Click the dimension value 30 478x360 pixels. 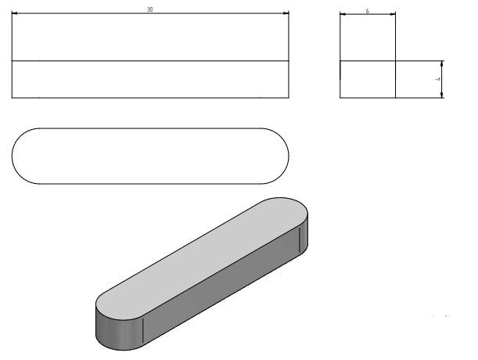click(149, 9)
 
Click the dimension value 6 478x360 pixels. click(368, 11)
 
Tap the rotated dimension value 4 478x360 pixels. click(438, 79)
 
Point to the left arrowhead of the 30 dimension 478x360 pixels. click(14, 13)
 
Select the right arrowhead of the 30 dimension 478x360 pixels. click(286, 13)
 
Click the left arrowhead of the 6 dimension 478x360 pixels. click(343, 14)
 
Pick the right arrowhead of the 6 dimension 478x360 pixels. click(393, 14)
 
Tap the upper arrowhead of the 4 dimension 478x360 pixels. click(442, 63)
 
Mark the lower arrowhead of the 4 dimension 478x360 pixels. click(442, 95)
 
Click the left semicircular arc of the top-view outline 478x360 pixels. click(13, 156)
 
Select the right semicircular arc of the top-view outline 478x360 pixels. click(289, 156)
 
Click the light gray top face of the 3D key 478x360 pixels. click(202, 259)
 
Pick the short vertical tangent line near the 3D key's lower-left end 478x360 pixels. click(142, 330)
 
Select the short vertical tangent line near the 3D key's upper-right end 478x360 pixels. click(300, 239)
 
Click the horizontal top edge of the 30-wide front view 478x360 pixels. click(150, 13)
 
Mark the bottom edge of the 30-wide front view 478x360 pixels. click(150, 98)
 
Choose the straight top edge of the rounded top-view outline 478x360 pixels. click(150, 128)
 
